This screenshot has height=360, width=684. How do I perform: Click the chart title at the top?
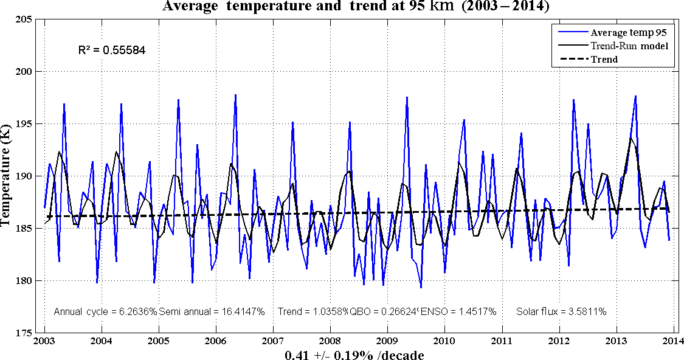[x=359, y=7]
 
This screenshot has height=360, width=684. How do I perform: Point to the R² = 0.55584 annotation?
[x=112, y=50]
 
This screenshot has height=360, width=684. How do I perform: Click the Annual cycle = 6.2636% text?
[x=105, y=311]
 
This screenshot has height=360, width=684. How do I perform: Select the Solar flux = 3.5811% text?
[x=561, y=311]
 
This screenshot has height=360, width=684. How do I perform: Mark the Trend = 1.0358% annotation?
[x=313, y=311]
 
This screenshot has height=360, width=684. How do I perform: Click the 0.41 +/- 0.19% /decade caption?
[x=354, y=355]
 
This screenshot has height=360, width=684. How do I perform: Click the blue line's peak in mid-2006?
[x=235, y=95]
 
